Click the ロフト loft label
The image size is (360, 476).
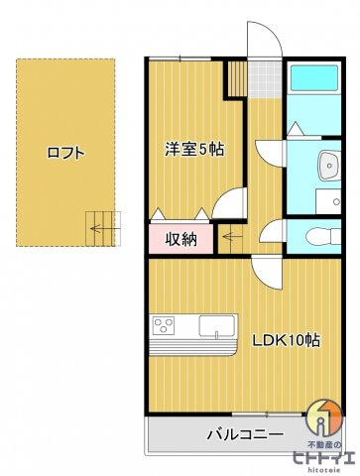65,153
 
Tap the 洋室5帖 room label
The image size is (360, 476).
193,150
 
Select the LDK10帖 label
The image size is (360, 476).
285,339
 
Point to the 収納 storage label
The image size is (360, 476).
180,238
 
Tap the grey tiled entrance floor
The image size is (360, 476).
264,80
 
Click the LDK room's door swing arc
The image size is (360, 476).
265,266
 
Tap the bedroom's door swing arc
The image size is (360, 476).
227,202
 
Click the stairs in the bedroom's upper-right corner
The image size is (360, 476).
235,79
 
